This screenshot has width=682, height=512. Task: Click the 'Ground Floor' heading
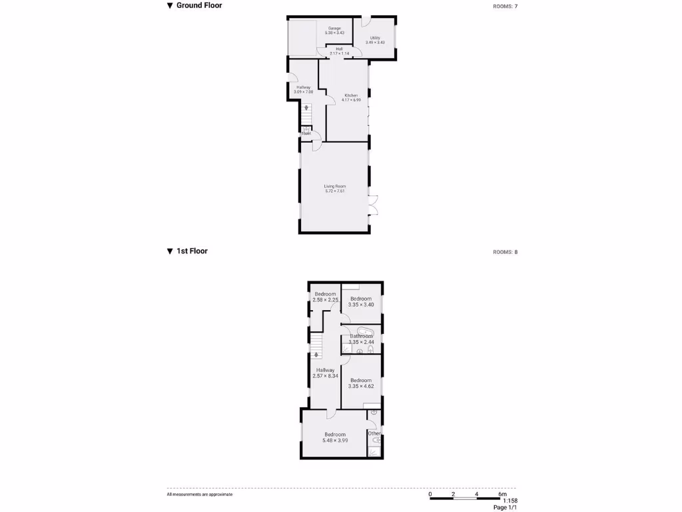coord(198,5)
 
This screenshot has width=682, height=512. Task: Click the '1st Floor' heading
coord(191,251)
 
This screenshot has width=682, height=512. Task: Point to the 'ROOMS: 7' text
coord(505,6)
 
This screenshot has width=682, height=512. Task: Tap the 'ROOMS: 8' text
coord(505,252)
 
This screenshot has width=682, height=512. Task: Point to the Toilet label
coord(306,133)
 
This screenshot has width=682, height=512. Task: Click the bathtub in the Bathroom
coord(364,331)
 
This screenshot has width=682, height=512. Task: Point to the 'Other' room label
coord(374,433)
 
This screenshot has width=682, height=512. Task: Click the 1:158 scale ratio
coord(510,501)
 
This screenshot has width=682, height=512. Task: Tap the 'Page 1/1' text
coord(505,507)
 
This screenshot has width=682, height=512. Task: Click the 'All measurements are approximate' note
coord(200,494)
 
